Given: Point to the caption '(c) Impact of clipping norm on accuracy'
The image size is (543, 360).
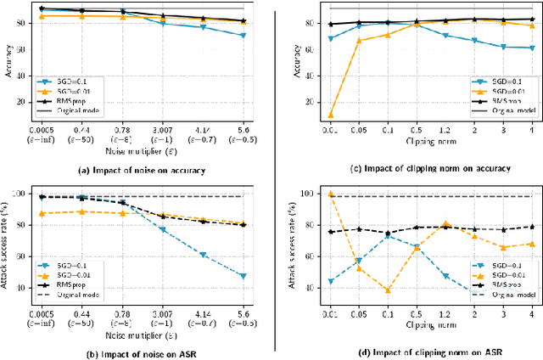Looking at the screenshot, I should pos(416,169).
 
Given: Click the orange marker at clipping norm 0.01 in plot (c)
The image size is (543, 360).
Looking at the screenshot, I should pos(331,115).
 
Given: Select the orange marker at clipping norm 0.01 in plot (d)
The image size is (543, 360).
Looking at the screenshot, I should pos(331,194).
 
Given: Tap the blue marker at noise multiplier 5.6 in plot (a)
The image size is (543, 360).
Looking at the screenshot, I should pos(244,36).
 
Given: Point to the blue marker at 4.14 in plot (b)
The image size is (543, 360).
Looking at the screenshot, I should pos(203,254).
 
